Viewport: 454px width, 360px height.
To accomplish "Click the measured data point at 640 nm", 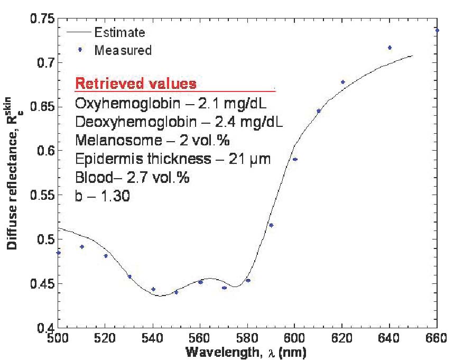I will [x=390, y=48].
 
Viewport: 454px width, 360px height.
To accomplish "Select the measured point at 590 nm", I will [x=271, y=225].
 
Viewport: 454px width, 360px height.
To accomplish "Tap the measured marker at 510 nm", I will [x=82, y=246].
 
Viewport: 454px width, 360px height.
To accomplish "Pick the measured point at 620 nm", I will [x=342, y=82].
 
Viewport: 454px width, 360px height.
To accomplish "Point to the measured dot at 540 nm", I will [x=153, y=289].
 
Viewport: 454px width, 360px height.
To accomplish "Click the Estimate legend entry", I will [x=119, y=33].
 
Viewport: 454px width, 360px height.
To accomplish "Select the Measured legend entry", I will [x=123, y=51].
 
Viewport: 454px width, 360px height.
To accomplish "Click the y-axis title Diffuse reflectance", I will [x=12, y=174].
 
